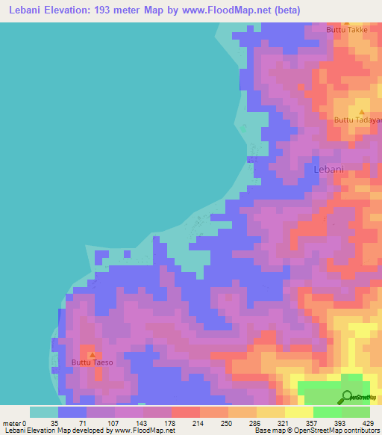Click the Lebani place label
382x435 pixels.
tap(328, 170)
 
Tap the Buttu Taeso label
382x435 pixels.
tap(92, 362)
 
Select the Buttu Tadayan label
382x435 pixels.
tap(357, 120)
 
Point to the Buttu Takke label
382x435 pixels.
tap(347, 29)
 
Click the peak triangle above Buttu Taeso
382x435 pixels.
tap(92, 354)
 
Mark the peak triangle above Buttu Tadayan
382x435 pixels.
tap(362, 112)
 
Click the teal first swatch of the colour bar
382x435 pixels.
tap(43, 412)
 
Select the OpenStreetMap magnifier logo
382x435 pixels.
tap(347, 396)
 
